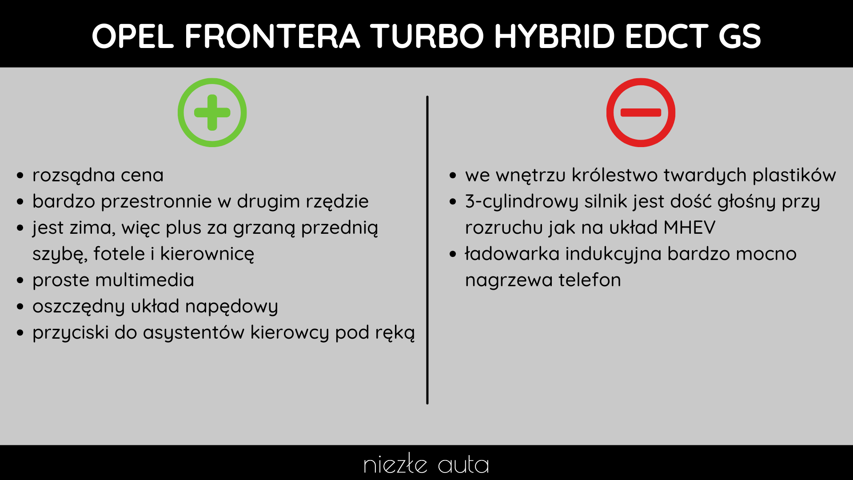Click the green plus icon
212,112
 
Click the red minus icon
641,112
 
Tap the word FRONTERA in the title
272,36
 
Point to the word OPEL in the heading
133,36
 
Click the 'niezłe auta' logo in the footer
426,464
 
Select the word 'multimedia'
144,280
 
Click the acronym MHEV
690,228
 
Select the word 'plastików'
794,175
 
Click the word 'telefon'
590,280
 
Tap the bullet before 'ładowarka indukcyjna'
453,254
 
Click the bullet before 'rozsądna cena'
20,176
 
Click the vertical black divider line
427,250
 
